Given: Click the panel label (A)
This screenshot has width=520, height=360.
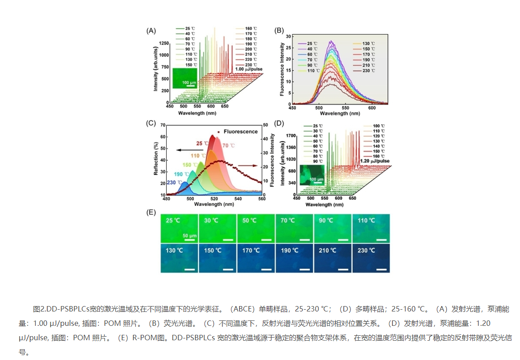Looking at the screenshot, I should pos(151,31).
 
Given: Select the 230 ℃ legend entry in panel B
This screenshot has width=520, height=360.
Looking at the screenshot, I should pos(369,71).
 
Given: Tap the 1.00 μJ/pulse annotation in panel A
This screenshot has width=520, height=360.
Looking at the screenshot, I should pos(248,69).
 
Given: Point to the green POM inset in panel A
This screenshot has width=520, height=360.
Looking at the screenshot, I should pos(184,77).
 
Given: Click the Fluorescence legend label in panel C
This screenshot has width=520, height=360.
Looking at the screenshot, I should pos(240,132).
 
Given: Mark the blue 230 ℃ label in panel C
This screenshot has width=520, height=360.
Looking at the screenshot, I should pos(173,182).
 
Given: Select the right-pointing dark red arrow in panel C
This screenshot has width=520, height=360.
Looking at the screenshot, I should pos(247,166).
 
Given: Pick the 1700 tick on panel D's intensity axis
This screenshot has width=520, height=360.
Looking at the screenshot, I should pos(290,135).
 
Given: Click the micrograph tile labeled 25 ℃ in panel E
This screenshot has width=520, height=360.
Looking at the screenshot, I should pos(179,228).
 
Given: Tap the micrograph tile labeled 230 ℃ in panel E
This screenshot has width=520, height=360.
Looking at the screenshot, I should pos(371,258).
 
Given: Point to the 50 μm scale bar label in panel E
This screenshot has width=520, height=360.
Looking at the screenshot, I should pos(190,236).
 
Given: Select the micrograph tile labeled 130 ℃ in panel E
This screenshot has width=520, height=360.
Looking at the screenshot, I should pos(179,258).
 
